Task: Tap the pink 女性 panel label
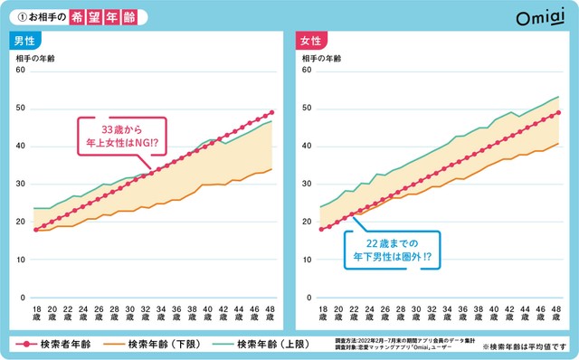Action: [310, 42]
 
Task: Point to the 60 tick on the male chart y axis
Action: [21, 71]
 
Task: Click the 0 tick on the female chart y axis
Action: [308, 298]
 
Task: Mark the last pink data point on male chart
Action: [271, 112]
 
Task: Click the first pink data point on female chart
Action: [320, 230]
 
